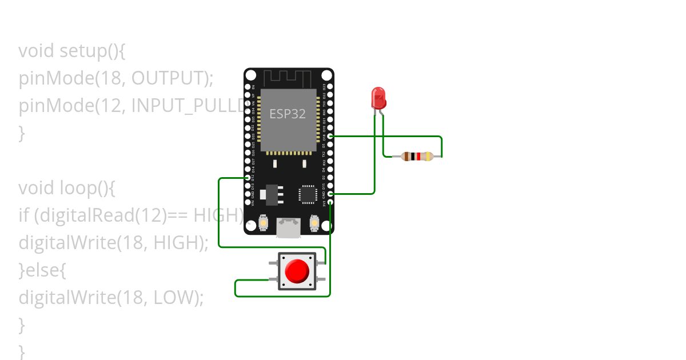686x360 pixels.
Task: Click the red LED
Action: [378, 98]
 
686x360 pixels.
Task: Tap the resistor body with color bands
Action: [416, 156]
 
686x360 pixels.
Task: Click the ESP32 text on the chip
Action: [288, 114]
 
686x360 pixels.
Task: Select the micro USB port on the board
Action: [289, 227]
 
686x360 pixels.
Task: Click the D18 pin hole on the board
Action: [330, 137]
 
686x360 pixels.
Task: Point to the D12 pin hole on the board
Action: [248, 178]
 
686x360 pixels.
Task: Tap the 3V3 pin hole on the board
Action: [330, 202]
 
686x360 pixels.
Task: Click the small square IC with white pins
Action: [308, 194]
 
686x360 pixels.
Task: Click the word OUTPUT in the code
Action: [166, 78]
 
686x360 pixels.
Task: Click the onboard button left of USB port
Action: [264, 222]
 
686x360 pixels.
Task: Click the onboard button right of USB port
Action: [314, 222]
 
